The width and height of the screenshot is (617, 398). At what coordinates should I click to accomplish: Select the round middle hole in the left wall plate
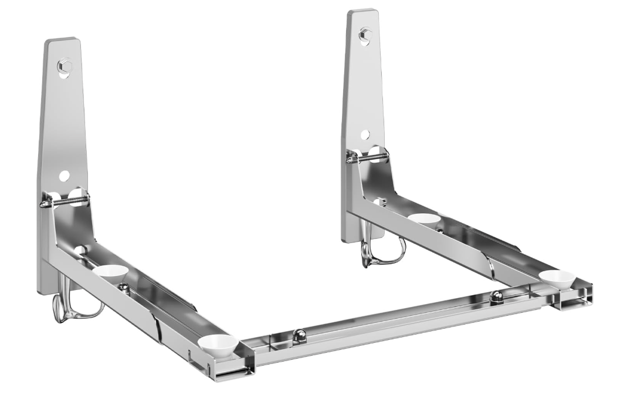[x=64, y=176]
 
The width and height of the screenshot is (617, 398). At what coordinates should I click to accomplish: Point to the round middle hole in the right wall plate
[x=365, y=135]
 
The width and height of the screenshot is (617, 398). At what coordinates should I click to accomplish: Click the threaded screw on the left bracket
[x=65, y=200]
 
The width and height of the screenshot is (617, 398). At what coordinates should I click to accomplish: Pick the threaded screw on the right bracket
[x=368, y=156]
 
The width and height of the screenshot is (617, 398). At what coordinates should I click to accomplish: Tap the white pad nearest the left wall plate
[x=110, y=271]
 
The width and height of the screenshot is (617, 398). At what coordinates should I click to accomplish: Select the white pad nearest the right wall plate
[x=424, y=218]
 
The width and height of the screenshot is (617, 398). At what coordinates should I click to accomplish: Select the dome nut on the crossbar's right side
[x=496, y=296]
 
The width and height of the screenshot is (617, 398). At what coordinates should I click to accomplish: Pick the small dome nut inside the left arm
[x=124, y=287]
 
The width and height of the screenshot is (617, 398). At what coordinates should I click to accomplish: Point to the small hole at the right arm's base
[x=379, y=202]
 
